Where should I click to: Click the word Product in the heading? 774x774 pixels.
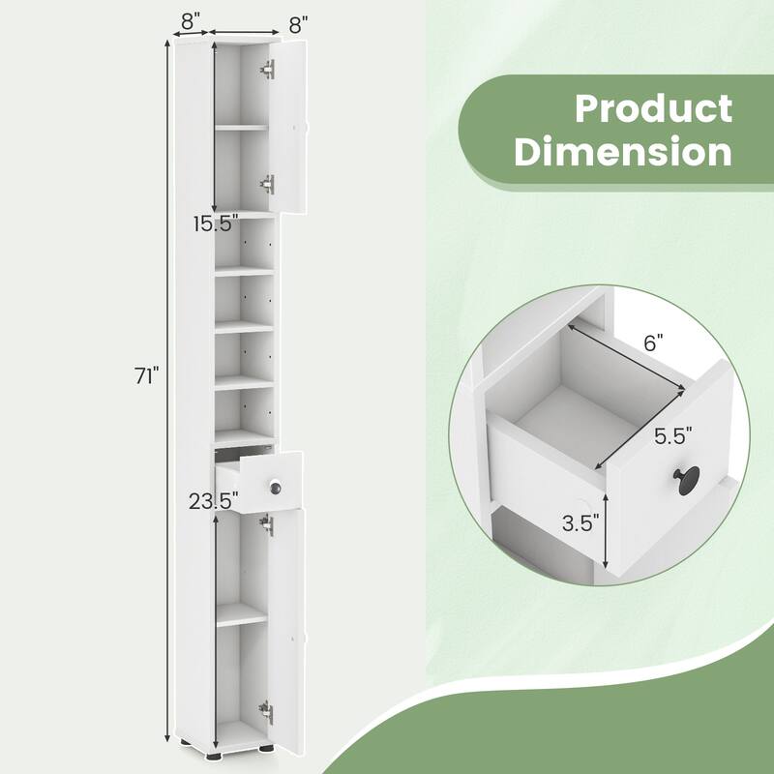pos(654,108)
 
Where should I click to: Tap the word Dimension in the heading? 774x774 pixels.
pos(623,152)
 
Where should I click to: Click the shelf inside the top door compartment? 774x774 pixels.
pos(241,126)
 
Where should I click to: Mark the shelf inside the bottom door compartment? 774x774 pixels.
pos(241,614)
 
